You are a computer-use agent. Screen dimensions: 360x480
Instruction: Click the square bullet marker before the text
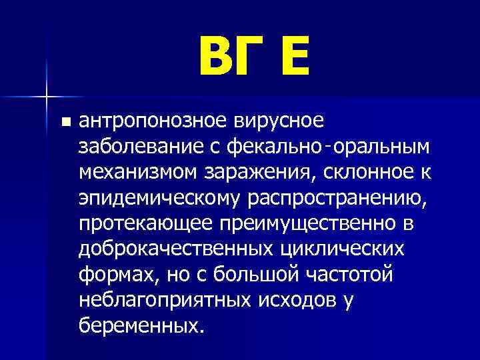click(65, 122)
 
